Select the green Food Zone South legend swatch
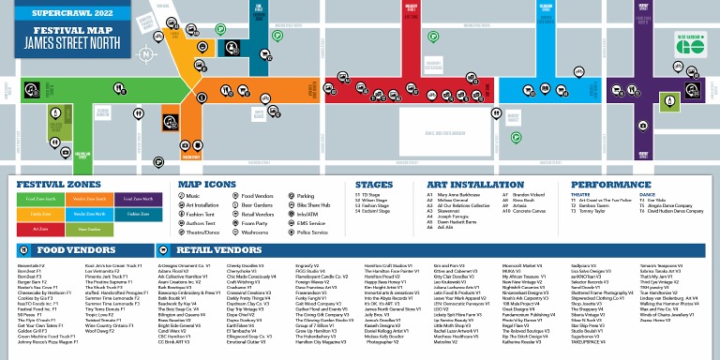pos(40,199)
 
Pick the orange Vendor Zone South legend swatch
pos(88,199)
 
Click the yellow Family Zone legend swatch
pos(40,214)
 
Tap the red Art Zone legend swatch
pos(40,229)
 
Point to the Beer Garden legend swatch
pos(88,229)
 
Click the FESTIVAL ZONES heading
pos(52,185)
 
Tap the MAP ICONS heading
pos(207,185)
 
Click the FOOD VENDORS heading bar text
pos(65,251)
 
